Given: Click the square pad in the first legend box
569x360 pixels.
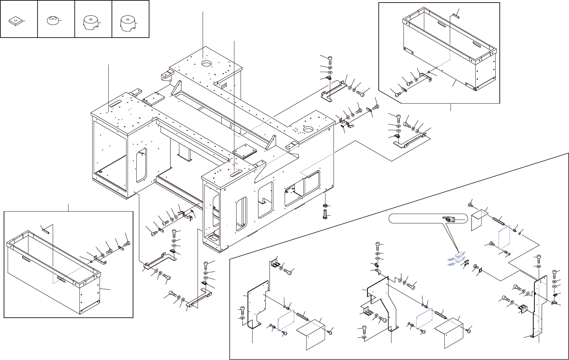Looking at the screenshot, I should pos(16,22).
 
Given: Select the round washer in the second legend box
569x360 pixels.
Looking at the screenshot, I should pos(53,20).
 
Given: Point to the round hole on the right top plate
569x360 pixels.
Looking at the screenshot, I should pos(308,129).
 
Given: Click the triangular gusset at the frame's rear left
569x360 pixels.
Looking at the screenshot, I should pos(177,88).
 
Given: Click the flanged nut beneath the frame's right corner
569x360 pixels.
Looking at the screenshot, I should pos(325,206).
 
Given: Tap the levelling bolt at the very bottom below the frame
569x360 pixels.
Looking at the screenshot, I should pos(325,215).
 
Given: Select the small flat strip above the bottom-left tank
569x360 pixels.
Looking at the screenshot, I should pos(46,229).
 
